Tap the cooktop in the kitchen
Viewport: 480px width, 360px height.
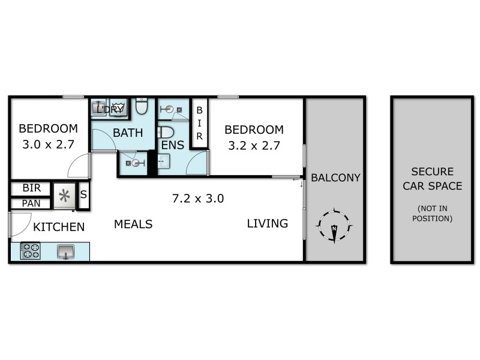click(x=30, y=251)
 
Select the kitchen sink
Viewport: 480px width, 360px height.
click(x=65, y=251)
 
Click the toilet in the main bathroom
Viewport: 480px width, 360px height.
click(x=142, y=107)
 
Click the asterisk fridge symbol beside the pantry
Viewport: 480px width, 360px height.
click(x=64, y=196)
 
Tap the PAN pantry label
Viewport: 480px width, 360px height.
click(x=31, y=203)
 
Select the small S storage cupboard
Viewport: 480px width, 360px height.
click(x=83, y=194)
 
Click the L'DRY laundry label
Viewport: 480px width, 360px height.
click(x=113, y=109)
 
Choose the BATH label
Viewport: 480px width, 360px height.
click(x=128, y=133)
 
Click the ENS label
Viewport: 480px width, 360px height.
click(x=172, y=145)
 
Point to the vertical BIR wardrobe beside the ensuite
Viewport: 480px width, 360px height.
click(x=199, y=123)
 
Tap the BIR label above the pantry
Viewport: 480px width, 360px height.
click(x=31, y=188)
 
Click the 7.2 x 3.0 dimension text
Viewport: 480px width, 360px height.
click(x=198, y=199)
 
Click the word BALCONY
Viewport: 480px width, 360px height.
click(x=335, y=178)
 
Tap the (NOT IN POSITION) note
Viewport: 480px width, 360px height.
click(x=432, y=214)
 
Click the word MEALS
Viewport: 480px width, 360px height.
click(x=133, y=224)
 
